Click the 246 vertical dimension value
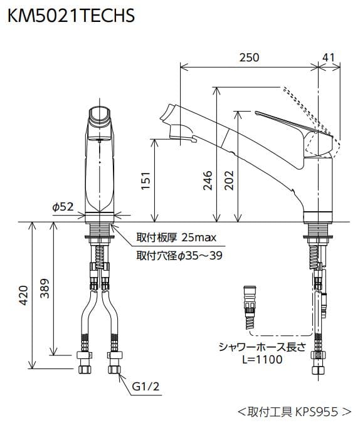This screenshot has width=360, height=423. click(x=208, y=181)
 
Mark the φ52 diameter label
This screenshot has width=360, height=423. click(x=63, y=206)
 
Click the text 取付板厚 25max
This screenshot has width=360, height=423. click(x=176, y=238)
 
